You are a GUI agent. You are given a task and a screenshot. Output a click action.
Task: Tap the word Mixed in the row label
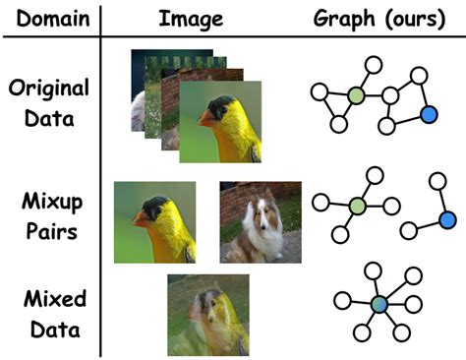point(48,297)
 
